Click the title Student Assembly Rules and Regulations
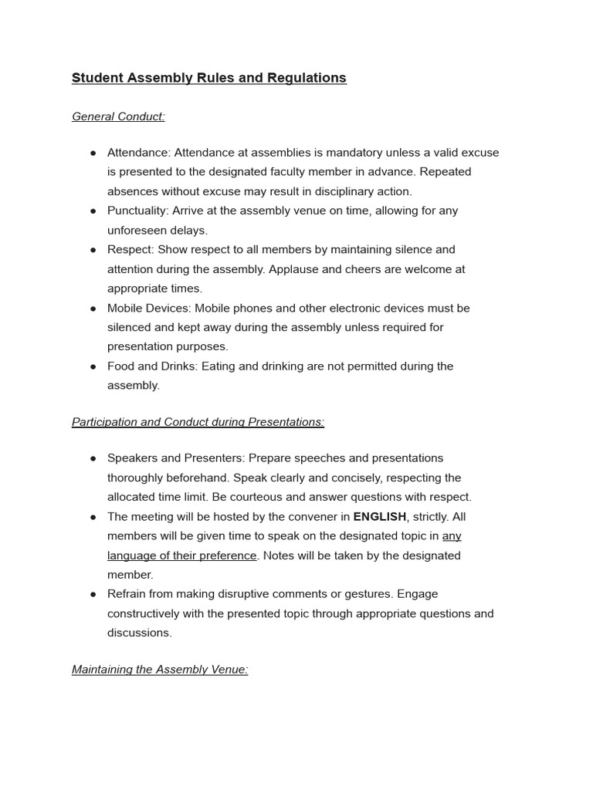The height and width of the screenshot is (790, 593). coord(208,78)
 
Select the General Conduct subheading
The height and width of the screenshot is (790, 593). coord(118,116)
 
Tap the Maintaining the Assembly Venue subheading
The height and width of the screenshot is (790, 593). coord(160,670)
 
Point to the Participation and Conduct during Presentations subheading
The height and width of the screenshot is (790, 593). coord(198,422)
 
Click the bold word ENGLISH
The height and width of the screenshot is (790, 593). coord(379,517)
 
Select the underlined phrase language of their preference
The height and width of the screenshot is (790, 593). coord(181,555)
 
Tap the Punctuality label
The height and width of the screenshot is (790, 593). coord(137,211)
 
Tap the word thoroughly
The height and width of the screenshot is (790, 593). coord(137,478)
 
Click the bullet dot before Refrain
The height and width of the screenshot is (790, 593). coord(93,594)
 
